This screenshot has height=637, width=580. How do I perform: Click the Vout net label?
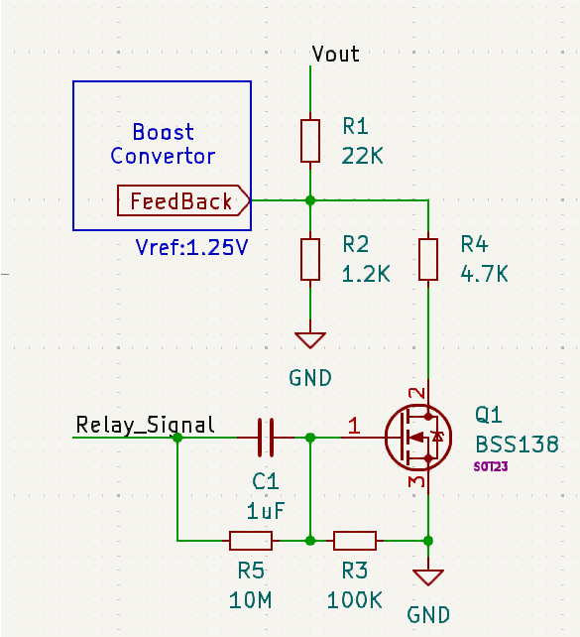click(x=335, y=54)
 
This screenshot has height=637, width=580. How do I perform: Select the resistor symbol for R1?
click(x=310, y=141)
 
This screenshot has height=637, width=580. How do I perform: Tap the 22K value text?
click(x=363, y=156)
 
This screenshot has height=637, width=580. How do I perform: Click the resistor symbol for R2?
click(x=310, y=260)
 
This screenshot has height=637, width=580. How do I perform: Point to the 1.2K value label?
click(x=366, y=274)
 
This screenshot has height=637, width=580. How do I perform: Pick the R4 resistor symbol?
click(x=428, y=260)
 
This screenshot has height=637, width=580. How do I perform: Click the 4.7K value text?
click(x=484, y=274)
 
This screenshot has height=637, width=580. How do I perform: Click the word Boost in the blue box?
click(x=164, y=132)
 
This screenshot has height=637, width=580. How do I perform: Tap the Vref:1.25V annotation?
click(x=191, y=247)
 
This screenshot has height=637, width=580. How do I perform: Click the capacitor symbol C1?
click(x=266, y=438)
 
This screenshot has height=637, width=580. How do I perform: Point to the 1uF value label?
click(x=266, y=511)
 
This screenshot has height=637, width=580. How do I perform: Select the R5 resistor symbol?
click(x=251, y=541)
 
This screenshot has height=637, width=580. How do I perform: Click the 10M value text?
click(x=251, y=600)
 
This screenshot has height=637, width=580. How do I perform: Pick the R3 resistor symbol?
click(x=355, y=541)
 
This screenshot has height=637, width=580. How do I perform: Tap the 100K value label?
click(x=355, y=600)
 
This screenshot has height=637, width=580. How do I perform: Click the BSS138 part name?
click(x=518, y=445)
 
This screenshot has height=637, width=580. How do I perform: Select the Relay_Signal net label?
click(x=146, y=426)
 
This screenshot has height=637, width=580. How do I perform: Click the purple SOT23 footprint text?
click(x=491, y=466)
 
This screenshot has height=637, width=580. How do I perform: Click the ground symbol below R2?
click(x=310, y=340)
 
